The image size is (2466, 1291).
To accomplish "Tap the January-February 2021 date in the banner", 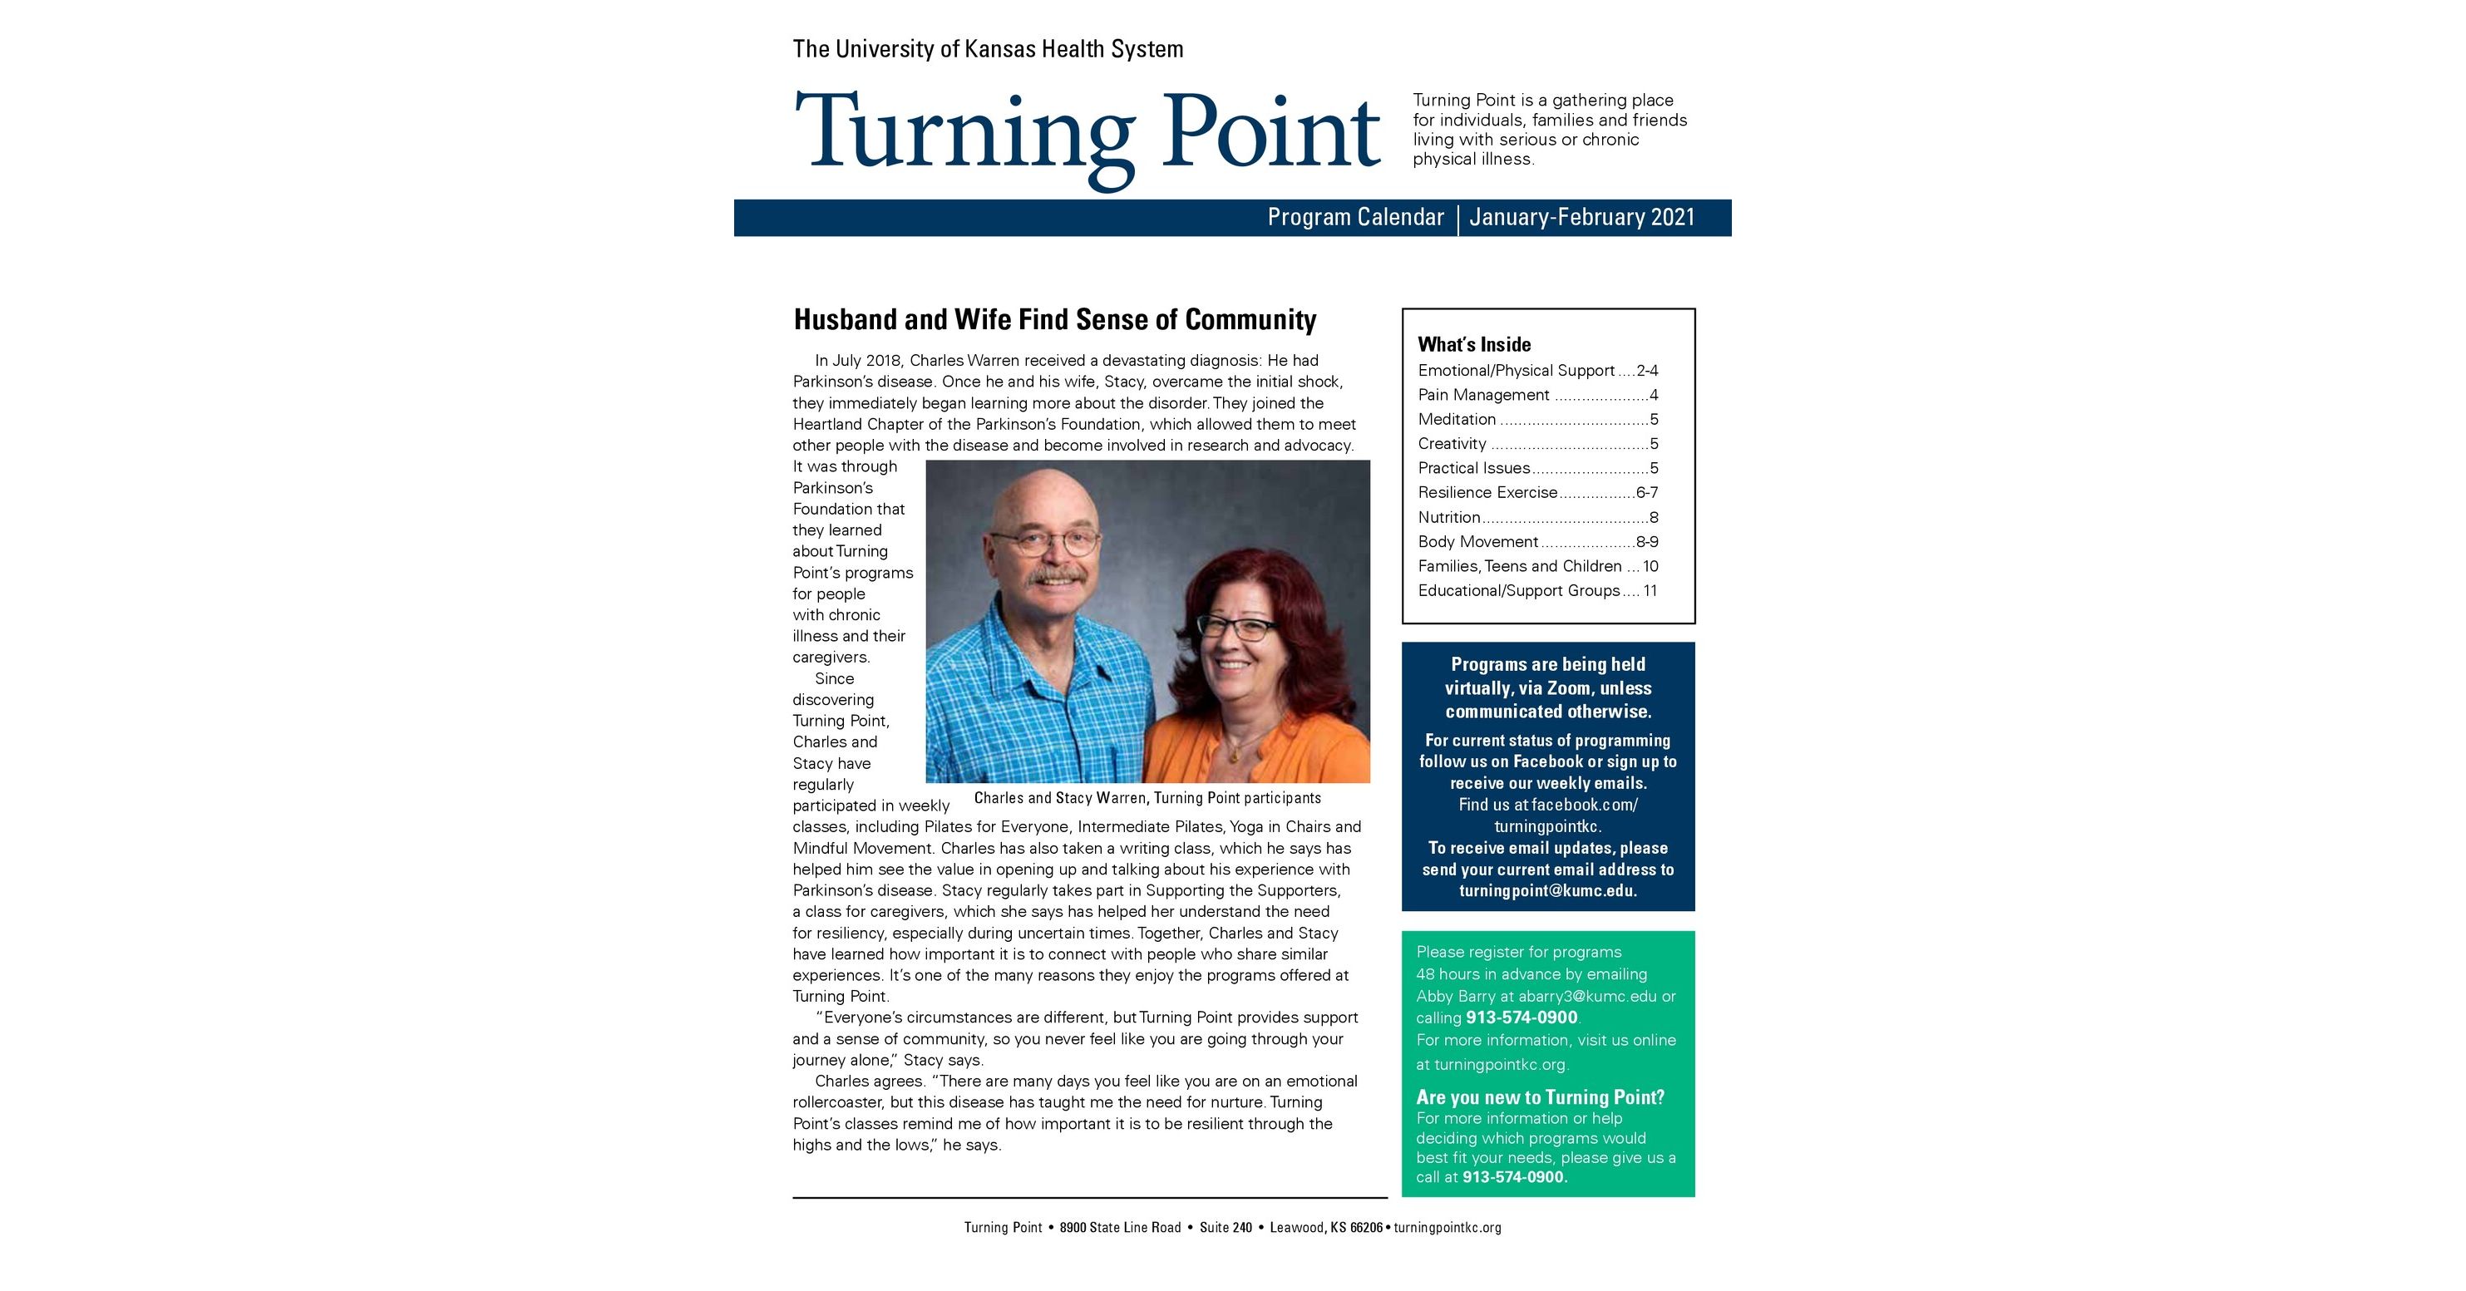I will (x=1581, y=217).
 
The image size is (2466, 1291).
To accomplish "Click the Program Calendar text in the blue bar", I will (x=1354, y=217).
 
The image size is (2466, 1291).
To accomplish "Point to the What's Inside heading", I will (x=1473, y=344).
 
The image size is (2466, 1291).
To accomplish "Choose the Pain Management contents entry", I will (x=1483, y=395).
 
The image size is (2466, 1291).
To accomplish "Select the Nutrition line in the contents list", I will (x=1448, y=518).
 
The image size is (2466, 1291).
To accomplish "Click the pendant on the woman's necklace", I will (x=1235, y=756).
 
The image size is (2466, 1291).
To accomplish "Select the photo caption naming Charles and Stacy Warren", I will (x=1147, y=798).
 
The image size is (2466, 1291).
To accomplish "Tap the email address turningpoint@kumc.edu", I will (x=1547, y=891).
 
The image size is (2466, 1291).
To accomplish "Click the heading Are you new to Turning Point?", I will (x=1539, y=1097).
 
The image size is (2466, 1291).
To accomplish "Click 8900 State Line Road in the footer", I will (x=1120, y=1228).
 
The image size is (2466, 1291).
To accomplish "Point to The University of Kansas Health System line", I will (x=987, y=49).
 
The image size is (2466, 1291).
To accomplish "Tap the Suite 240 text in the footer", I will (x=1226, y=1228).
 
